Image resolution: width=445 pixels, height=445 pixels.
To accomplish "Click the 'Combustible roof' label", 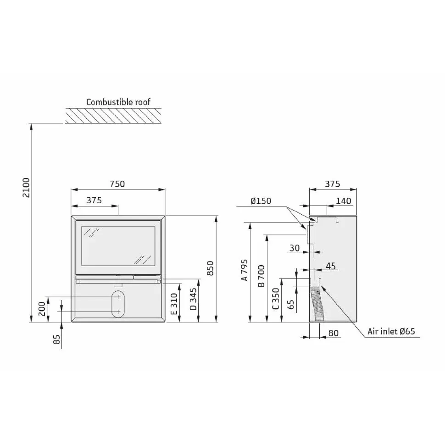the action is pyautogui.click(x=118, y=102).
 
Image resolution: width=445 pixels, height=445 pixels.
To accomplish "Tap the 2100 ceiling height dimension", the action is pyautogui.click(x=26, y=188).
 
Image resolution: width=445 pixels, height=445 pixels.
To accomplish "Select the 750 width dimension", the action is pyautogui.click(x=117, y=184).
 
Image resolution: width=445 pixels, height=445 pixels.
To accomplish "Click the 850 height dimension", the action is pyautogui.click(x=210, y=268).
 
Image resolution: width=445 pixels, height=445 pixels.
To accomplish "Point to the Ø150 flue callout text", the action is pyautogui.click(x=261, y=201).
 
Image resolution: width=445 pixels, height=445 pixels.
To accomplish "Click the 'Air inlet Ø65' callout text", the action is pyautogui.click(x=391, y=331).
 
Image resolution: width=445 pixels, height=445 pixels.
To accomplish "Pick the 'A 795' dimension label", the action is pyautogui.click(x=245, y=270).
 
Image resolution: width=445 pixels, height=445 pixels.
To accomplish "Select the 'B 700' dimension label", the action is pyautogui.click(x=261, y=276).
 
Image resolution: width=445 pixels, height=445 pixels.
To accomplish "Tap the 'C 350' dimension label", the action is pyautogui.click(x=276, y=299).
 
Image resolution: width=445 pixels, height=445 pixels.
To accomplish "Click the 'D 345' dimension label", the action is pyautogui.click(x=193, y=299).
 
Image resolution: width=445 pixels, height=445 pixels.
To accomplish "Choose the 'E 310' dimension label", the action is pyautogui.click(x=174, y=304).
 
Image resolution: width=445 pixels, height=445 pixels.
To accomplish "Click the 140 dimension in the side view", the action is pyautogui.click(x=344, y=201).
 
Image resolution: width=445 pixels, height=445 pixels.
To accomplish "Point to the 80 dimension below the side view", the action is pyautogui.click(x=334, y=333).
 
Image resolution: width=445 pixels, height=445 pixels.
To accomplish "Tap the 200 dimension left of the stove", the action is pyautogui.click(x=42, y=309).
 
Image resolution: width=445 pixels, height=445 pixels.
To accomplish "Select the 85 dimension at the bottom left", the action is pyautogui.click(x=57, y=339).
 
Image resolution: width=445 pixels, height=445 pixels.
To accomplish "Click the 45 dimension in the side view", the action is pyautogui.click(x=331, y=266).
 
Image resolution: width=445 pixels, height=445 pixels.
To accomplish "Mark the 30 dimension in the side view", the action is pyautogui.click(x=295, y=248).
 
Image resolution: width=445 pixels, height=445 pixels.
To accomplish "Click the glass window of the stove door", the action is pyautogui.click(x=118, y=246).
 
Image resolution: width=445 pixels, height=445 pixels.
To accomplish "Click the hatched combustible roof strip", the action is pyautogui.click(x=113, y=116).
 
